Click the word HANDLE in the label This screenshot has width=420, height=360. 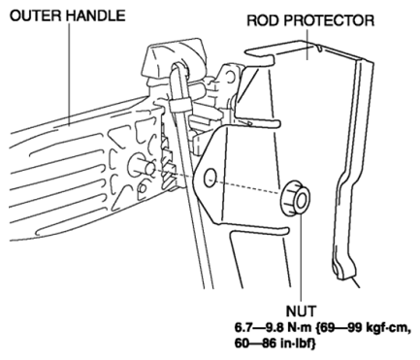pos(95,16)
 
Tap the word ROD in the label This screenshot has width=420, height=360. pos(263,20)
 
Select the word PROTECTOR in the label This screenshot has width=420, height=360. pos(329,20)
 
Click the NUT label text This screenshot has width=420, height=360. pos(301,311)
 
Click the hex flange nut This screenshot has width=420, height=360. pos(295,198)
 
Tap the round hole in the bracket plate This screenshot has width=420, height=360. pos(210,178)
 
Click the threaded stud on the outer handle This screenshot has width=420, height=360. pos(143,165)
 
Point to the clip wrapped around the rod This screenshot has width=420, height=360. pos(179,106)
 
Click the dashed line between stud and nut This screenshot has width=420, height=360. pos(218,181)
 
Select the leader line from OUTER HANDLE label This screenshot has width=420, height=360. pos(69,74)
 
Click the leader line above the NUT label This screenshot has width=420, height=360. pos(301,258)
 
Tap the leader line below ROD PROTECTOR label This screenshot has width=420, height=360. pos(307,45)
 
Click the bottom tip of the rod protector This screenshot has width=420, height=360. pos(342,278)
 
